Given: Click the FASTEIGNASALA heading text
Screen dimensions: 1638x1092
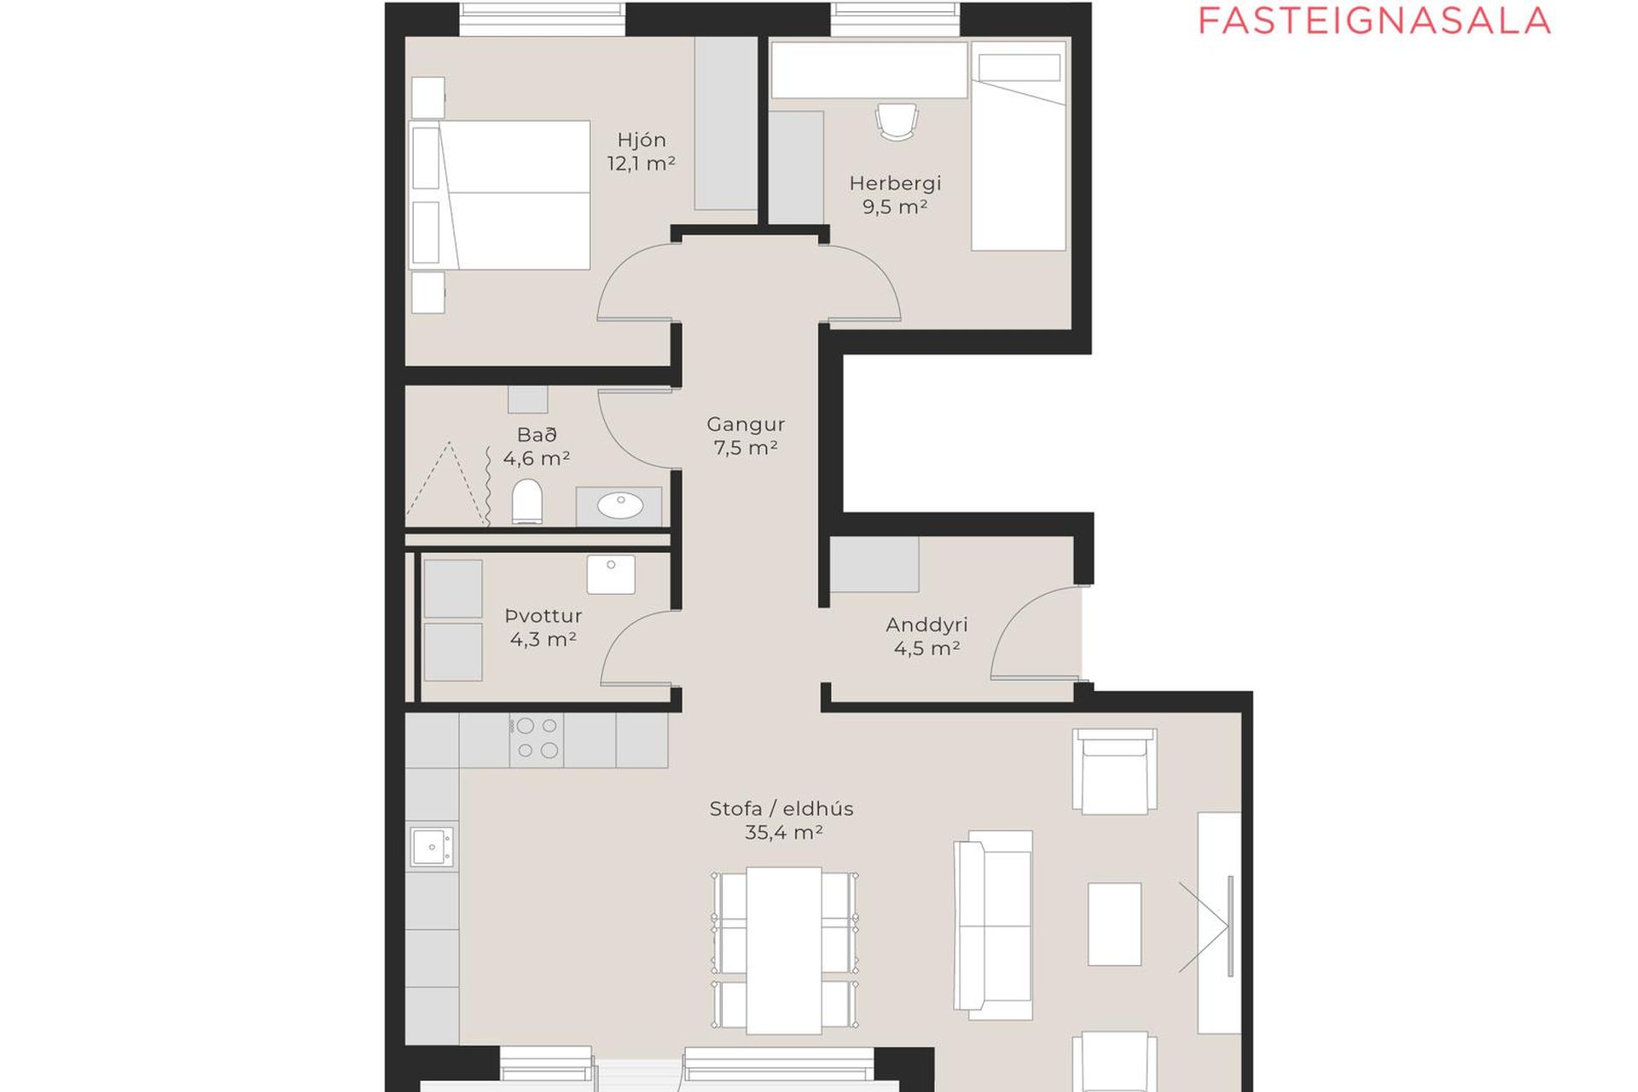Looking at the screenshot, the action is point(1374,20).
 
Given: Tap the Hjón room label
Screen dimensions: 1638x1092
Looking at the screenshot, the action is point(642,140).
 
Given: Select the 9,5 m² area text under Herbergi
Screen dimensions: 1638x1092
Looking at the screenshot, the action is point(895,206).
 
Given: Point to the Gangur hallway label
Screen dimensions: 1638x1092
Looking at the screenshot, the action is point(746,424).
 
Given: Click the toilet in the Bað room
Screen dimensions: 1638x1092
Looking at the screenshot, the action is point(527,501).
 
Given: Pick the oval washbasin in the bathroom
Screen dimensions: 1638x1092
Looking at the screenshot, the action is point(620,506).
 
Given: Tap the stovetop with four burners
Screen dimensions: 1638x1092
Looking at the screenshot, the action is point(537,739).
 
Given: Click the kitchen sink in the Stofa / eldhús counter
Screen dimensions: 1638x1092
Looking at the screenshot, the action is point(432,847).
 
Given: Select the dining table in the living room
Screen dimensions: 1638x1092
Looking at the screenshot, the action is point(784,950).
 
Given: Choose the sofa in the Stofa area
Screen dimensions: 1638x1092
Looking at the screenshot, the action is point(993,925).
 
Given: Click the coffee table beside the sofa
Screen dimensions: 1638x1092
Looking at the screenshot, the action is point(1114,924).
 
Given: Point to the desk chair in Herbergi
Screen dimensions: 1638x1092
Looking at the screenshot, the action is point(897,121).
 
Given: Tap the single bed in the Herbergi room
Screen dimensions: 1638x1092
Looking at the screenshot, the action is point(1019,147).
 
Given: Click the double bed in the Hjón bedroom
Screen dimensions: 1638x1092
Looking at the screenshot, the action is point(500,195).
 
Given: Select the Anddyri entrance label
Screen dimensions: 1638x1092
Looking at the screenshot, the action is point(926,624).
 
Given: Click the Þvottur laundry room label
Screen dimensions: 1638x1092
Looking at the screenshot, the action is point(543,615).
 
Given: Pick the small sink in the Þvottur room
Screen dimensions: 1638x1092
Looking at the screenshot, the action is point(611,574).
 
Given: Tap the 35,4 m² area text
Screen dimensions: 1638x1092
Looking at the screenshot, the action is point(783,832).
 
